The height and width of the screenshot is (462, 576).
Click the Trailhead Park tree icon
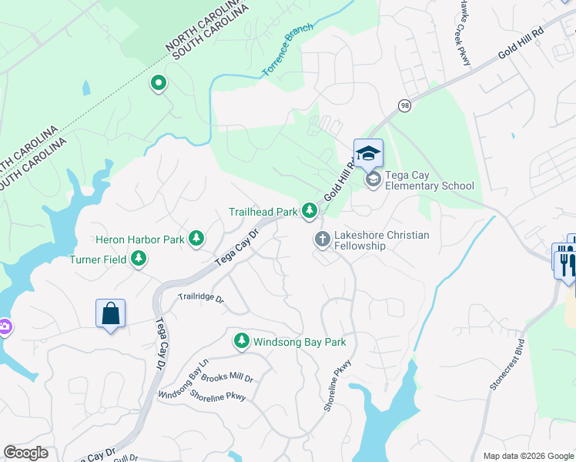tap(310, 210)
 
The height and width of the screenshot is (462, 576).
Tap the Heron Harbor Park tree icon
tap(197, 239)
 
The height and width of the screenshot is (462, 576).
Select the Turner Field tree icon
tap(139, 259)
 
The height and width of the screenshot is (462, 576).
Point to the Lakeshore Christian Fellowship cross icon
tap(322, 239)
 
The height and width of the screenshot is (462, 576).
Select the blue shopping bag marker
tap(111, 313)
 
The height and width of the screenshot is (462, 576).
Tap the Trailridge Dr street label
tap(200, 297)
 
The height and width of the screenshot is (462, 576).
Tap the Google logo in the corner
tap(25, 453)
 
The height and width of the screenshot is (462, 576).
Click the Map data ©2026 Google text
tap(527, 456)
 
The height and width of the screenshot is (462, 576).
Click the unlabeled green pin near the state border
tap(159, 82)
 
